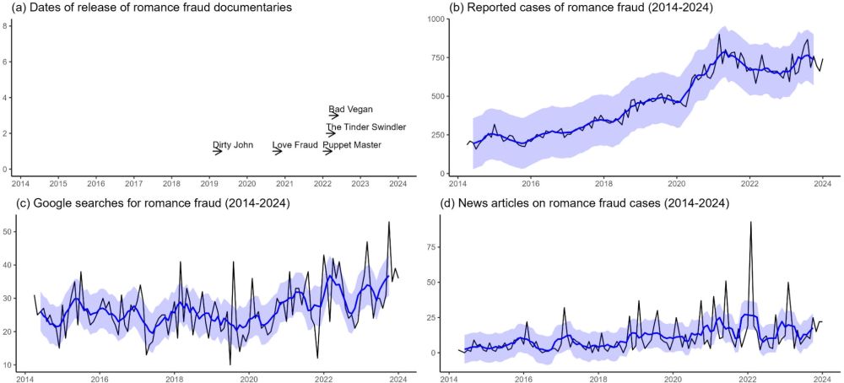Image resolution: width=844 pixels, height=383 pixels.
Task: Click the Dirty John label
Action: point(233,145)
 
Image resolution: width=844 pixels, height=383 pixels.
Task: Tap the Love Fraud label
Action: point(295,145)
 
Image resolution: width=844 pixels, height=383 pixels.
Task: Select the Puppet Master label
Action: point(352,145)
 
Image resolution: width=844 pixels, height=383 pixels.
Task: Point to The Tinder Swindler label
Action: point(366,127)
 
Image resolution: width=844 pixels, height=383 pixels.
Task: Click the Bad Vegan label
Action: point(350,109)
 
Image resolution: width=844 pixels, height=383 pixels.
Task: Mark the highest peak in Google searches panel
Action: point(388,222)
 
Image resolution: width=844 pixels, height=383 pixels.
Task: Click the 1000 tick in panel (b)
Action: point(436,19)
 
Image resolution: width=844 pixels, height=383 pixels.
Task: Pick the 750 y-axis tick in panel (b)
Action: point(439,57)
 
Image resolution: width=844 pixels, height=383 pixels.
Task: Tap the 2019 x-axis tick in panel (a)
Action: point(208,183)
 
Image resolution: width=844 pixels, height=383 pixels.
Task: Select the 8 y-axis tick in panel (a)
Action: point(6,25)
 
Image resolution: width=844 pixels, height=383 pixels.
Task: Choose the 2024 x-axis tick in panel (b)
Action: point(823,183)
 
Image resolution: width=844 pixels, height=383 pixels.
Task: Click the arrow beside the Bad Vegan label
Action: point(334,115)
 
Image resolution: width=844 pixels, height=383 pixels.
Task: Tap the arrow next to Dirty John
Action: point(218,151)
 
